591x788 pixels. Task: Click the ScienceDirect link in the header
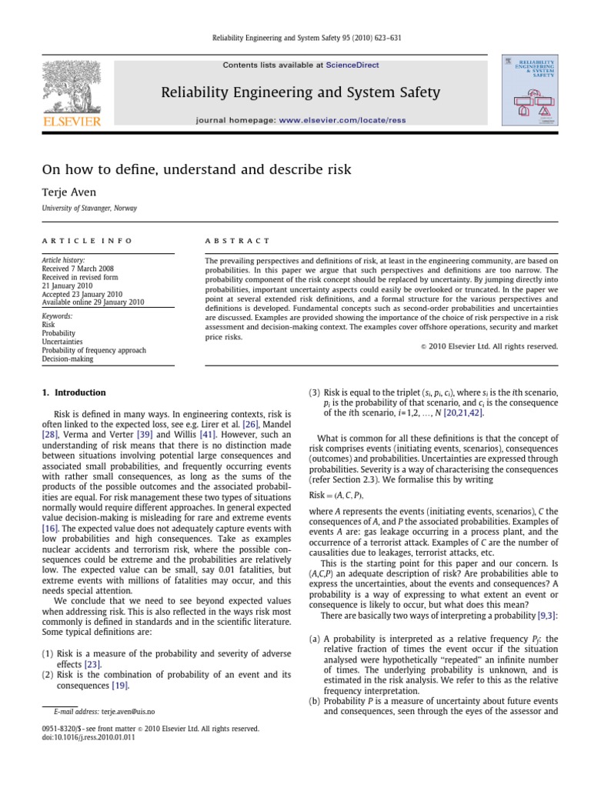click(352, 65)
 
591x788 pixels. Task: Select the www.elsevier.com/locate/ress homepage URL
click(343, 121)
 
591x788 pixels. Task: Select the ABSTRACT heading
click(237, 241)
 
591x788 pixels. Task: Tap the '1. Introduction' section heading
click(74, 392)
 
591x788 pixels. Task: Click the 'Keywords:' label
click(58, 316)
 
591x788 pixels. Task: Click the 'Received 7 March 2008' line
click(83, 269)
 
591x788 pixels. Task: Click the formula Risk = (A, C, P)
click(337, 496)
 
